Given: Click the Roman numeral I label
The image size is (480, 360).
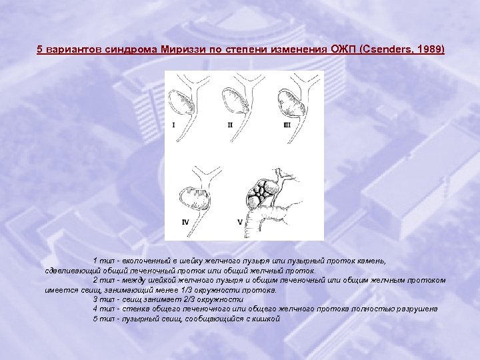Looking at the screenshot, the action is [x=173, y=125].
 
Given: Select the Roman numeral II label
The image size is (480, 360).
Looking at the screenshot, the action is [x=230, y=125].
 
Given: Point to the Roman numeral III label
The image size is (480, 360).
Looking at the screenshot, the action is [x=287, y=125].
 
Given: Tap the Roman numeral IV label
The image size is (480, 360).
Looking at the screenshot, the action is [x=185, y=222].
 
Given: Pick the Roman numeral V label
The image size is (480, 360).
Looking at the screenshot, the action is [x=240, y=222].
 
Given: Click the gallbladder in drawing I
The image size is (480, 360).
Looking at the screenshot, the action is [x=181, y=103].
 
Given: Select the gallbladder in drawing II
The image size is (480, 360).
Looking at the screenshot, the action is [x=235, y=101].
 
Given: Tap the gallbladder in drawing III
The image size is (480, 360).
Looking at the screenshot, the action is [x=291, y=103].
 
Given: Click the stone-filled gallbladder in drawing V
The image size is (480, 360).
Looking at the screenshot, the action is [x=263, y=193].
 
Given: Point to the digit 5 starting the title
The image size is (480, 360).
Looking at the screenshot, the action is [x=39, y=49].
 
